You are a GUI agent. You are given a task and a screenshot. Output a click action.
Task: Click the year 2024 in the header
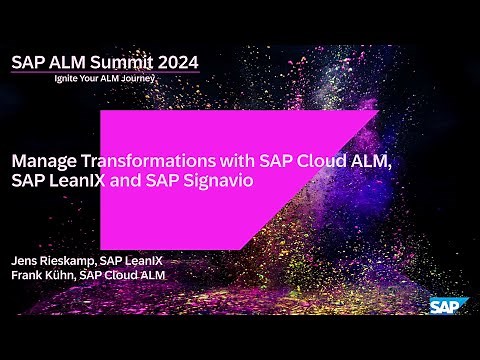coord(177,62)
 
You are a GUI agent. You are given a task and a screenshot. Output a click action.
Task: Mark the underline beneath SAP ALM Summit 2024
coord(105,73)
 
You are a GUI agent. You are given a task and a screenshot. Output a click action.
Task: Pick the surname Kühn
coord(67,275)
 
